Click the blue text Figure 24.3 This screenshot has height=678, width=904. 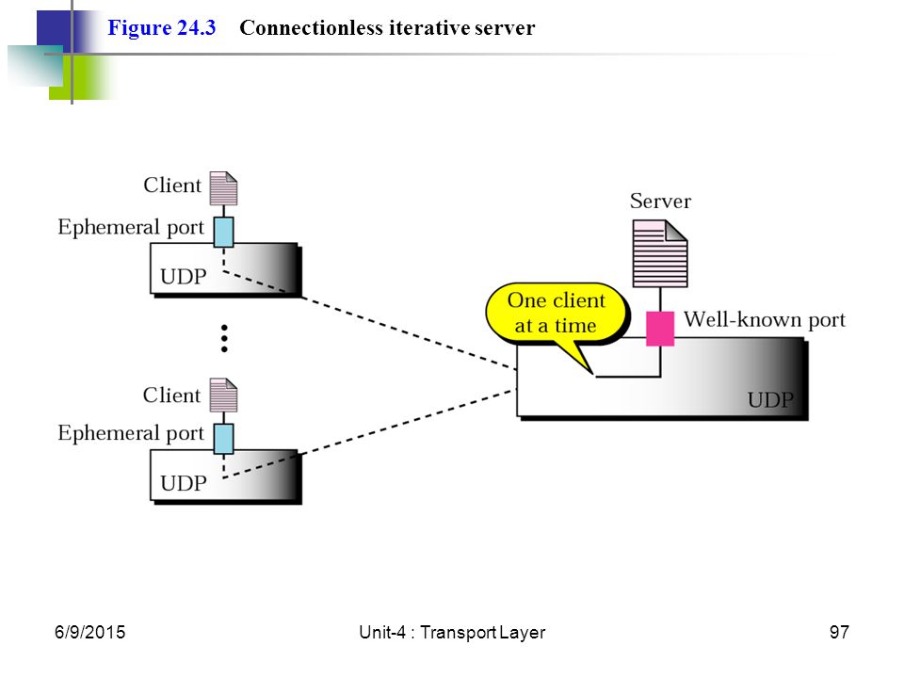point(162,28)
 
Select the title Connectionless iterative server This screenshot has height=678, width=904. point(387,27)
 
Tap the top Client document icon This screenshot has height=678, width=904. point(224,188)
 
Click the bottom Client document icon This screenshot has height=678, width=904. point(224,395)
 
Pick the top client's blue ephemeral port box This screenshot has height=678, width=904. point(224,233)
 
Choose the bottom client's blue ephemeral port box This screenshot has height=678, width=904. point(224,439)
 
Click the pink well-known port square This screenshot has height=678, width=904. point(660,329)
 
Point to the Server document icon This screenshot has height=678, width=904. point(660,253)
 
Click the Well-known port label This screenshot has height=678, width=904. point(765,319)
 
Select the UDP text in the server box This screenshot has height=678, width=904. point(770,399)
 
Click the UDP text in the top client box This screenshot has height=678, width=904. point(184,277)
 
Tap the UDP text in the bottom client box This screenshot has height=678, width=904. point(184,483)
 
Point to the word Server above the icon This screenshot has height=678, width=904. point(660,202)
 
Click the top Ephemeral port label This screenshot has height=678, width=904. point(131,228)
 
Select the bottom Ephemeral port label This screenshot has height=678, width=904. point(131,433)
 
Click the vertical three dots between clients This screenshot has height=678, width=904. point(224,338)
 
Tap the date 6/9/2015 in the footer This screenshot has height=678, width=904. point(90,633)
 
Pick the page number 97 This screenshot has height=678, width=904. point(839,633)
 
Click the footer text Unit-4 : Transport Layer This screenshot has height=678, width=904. point(452,633)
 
